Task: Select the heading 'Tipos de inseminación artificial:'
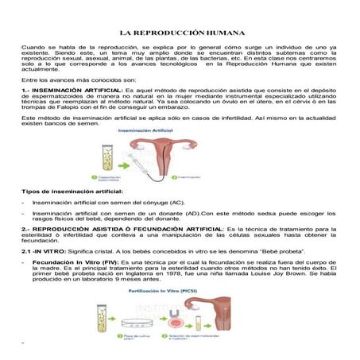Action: [72, 192]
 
